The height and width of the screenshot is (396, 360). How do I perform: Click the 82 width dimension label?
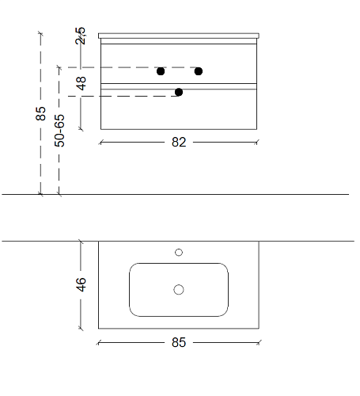pyautogui.click(x=179, y=143)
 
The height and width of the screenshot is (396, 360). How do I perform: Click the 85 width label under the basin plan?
pyautogui.click(x=179, y=342)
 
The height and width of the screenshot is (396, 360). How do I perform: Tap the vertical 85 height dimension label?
pyautogui.click(x=40, y=113)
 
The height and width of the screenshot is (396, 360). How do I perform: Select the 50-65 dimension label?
pyautogui.click(x=59, y=131)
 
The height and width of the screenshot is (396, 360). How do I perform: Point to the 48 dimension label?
pyautogui.click(x=81, y=83)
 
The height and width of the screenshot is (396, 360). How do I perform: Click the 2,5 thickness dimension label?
pyautogui.click(x=81, y=36)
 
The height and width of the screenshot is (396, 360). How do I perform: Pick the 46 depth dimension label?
pyautogui.click(x=81, y=284)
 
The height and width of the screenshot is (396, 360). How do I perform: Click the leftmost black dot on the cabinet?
pyautogui.click(x=161, y=71)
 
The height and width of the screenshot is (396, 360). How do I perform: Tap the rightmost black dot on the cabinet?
pyautogui.click(x=199, y=71)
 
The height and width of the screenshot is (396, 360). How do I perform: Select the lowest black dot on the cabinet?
pyautogui.click(x=179, y=92)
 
